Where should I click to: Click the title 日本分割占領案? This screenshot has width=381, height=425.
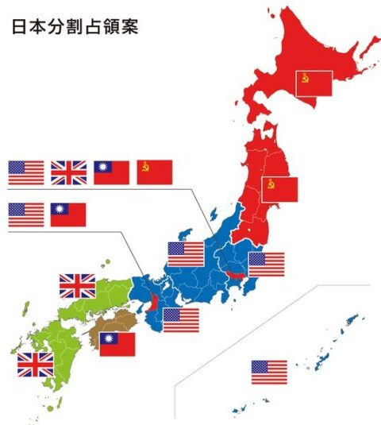coord(75,27)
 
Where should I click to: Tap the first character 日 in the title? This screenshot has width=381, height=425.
coord(19,27)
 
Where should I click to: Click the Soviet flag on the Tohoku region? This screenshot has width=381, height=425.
coord(279,189)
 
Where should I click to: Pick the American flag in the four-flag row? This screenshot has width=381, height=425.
coord(26,172)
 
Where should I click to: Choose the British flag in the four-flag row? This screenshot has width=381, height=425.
coord(69,172)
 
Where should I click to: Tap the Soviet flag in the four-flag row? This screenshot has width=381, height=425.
coord(155,172)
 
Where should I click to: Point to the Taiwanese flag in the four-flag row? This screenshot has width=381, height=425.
coord(112,172)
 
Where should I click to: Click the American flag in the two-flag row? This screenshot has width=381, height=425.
coord(26,215)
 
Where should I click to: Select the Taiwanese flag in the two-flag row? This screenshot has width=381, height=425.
coord(68,215)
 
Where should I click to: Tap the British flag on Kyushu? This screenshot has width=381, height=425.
coord(36,364)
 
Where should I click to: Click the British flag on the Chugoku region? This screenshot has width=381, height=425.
coord(77,285)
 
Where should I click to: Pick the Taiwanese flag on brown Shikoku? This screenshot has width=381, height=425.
coord(117,344)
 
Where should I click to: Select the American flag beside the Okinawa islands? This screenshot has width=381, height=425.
coord(269,372)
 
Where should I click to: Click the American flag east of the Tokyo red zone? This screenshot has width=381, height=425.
coord(266,264)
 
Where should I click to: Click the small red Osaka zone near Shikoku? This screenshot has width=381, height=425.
coord(151,301)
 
